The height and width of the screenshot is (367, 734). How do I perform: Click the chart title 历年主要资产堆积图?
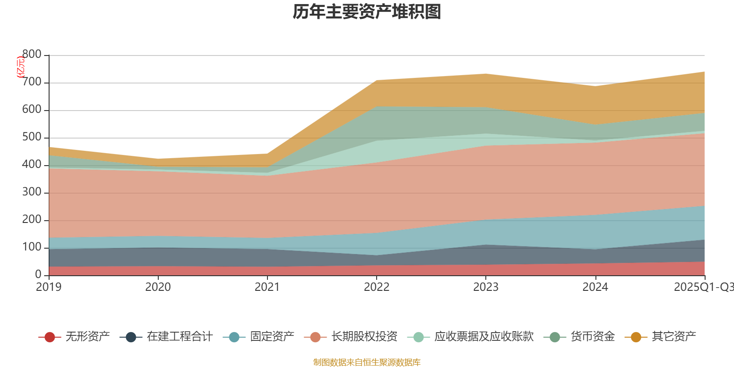367,12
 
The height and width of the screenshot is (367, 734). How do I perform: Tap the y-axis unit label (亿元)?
21,67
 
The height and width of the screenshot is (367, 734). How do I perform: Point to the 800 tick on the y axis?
32,55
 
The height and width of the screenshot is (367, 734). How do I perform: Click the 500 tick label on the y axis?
32,137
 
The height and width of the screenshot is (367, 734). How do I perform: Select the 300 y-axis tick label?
32,192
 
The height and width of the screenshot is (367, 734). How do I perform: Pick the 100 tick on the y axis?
32,247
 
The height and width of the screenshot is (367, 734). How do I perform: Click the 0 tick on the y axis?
39,275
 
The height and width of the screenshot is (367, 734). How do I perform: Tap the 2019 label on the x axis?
49,287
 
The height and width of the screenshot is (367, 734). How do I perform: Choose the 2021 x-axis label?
267,287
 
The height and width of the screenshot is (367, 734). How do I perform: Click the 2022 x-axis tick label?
377,287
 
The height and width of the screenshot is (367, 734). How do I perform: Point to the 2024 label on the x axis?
595,287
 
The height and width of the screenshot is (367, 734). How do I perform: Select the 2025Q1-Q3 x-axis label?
703,287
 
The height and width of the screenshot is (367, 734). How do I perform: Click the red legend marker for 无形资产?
50,337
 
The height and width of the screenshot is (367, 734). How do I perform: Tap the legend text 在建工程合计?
179,337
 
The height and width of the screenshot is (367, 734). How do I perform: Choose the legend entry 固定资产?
272,337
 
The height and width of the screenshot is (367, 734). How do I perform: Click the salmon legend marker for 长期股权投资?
315,337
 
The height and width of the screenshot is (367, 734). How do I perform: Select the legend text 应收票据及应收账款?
484,337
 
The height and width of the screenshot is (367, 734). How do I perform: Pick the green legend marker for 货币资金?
555,337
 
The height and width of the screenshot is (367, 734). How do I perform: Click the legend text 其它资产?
674,337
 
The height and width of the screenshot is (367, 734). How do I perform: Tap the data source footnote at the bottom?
367,362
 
